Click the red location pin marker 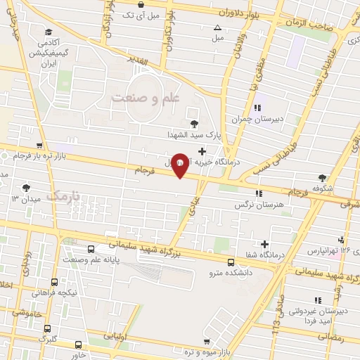click(180, 165)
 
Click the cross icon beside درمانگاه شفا click(264, 244)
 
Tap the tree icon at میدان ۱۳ click(26, 188)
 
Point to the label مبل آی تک click(143, 15)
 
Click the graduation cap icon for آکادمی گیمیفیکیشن click(48, 32)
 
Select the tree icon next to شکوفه click(323, 178)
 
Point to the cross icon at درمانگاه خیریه click(202, 150)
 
